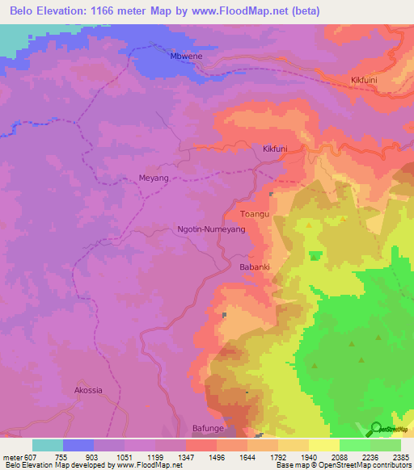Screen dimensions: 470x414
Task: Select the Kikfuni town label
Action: (275, 149)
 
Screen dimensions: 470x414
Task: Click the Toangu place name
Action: (254, 214)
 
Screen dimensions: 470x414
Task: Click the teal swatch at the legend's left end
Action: (47, 445)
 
